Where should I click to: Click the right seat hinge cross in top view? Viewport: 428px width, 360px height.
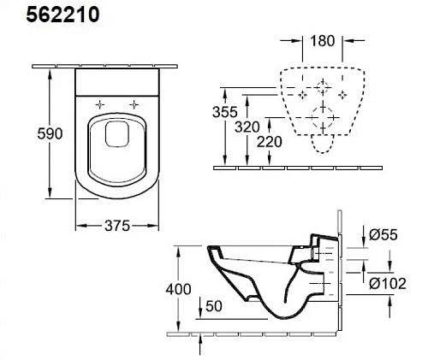[x=134, y=105]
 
